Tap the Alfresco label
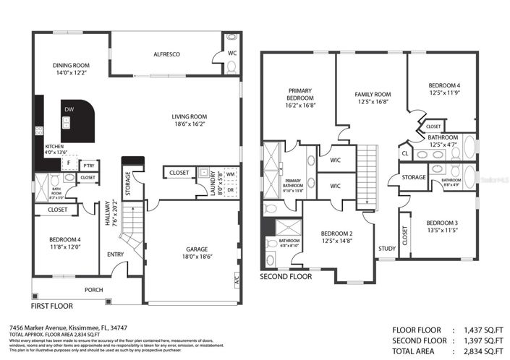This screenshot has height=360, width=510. pos(166,54)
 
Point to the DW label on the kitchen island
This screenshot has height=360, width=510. pos(69,109)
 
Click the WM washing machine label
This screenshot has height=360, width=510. pos(231,174)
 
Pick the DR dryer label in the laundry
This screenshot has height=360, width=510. pos(231,190)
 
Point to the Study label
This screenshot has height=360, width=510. pos(386,249)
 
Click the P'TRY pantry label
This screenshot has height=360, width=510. pos(88,166)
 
